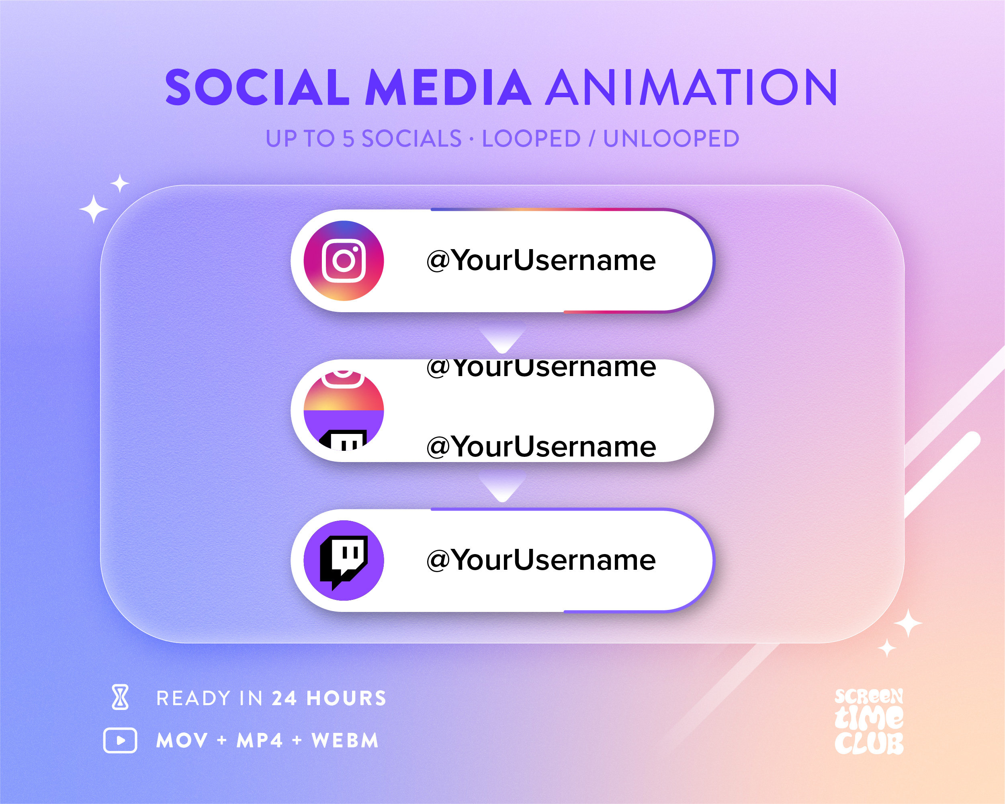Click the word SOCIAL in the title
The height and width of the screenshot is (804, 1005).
tap(257, 87)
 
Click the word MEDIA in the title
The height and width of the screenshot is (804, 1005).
tap(448, 87)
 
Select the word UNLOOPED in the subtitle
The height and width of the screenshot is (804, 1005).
tap(671, 139)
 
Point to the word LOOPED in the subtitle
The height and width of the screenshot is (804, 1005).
tap(531, 139)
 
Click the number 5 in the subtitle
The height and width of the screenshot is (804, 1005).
tap(349, 139)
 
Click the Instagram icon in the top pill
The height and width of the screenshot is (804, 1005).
tap(344, 260)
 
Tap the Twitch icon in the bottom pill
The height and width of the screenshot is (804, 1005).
tap(344, 560)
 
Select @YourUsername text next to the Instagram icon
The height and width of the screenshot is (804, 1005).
tap(541, 260)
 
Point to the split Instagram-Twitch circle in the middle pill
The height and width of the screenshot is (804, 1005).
tap(344, 411)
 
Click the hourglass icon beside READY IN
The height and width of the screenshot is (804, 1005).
tap(120, 698)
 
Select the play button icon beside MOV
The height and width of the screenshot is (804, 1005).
tap(120, 740)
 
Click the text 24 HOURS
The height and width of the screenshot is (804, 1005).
tap(329, 698)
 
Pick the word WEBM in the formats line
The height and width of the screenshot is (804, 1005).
tap(345, 741)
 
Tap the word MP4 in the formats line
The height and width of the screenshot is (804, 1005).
tap(260, 741)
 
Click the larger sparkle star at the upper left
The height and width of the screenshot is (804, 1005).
tap(94, 209)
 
